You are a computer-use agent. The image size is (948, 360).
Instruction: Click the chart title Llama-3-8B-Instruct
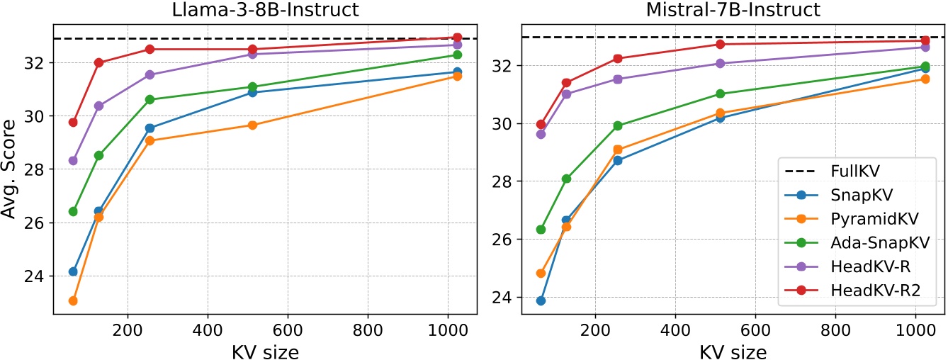[265, 10]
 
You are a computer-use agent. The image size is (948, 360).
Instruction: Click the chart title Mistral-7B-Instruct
[733, 10]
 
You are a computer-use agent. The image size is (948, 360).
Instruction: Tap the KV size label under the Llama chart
[265, 349]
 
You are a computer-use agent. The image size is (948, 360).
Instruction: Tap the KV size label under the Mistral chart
[733, 349]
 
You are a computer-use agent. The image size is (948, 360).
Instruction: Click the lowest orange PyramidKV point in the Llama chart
[73, 301]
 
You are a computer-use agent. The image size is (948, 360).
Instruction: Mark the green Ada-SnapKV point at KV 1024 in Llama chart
[457, 55]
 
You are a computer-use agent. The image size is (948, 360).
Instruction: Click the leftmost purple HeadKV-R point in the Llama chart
[73, 161]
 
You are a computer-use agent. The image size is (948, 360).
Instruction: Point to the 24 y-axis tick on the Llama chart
[37, 276]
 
